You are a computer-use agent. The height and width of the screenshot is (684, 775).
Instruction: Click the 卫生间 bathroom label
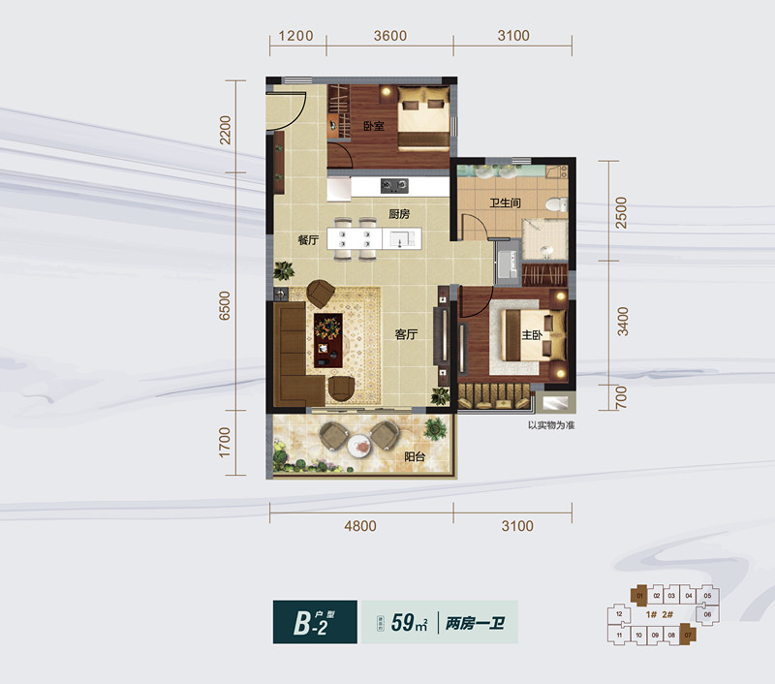(x=507, y=204)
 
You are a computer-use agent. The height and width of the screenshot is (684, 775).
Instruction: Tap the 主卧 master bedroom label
(x=532, y=336)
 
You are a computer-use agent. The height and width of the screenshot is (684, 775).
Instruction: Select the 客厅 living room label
(x=406, y=335)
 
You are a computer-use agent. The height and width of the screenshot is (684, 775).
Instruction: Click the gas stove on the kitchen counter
(x=394, y=185)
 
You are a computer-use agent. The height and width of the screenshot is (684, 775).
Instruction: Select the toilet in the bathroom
(x=554, y=204)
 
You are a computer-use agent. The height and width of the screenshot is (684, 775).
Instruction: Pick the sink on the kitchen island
(x=402, y=238)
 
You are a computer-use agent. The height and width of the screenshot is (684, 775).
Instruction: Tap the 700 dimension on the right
(x=622, y=394)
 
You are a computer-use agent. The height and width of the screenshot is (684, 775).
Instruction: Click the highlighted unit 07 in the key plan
(x=688, y=637)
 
